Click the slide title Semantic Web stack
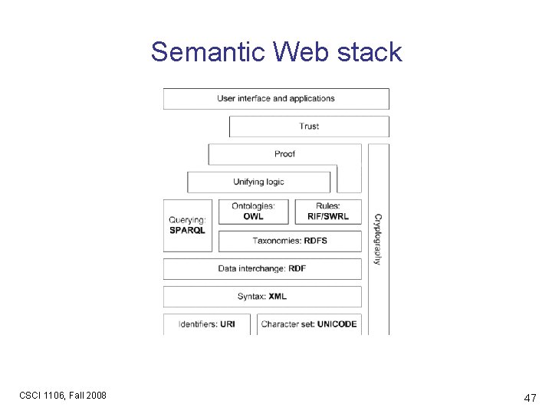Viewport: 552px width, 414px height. coord(276,52)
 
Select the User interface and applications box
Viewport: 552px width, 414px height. coord(276,98)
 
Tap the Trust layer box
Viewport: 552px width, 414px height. coord(309,127)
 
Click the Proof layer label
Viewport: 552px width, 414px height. coord(284,154)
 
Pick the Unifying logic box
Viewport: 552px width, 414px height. coord(258,182)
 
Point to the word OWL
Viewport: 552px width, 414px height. coord(253,217)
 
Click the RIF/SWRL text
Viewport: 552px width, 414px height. coord(327,217)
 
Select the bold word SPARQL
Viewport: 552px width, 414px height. coord(187,231)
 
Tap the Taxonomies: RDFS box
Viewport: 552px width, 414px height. coord(290,241)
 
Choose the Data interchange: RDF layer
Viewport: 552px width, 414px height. coord(262,268)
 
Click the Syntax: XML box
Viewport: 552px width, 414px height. coord(262,297)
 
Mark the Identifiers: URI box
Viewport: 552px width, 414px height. coord(207,324)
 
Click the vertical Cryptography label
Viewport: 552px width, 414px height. coord(377,239)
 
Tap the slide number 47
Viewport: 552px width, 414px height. coord(529,398)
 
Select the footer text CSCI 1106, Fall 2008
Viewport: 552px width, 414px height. coord(63,396)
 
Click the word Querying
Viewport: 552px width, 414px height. coord(187,221)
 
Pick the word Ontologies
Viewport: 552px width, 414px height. coord(253,206)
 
